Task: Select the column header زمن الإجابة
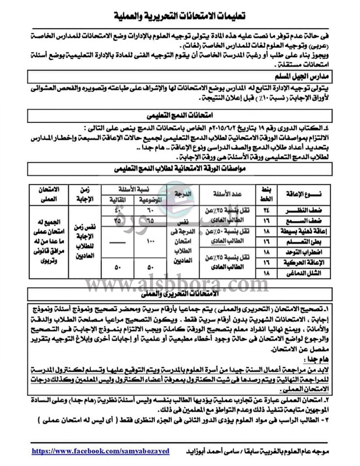77,195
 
